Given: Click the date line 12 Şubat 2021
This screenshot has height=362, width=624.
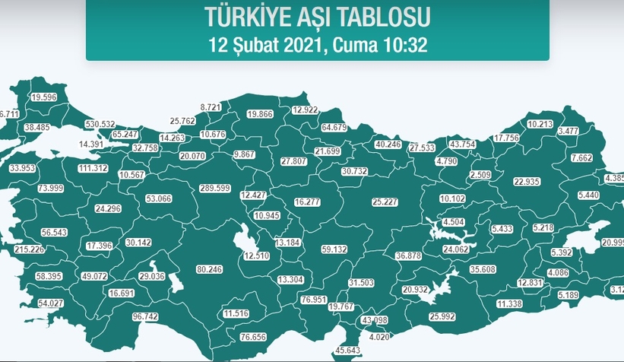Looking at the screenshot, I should point(318,43).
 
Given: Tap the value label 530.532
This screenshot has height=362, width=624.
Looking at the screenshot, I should point(100,123).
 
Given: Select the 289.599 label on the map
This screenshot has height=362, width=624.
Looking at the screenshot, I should point(214,188).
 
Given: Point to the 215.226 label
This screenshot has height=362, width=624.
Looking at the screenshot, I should point(29,249).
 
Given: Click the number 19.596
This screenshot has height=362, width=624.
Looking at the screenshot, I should point(44,97).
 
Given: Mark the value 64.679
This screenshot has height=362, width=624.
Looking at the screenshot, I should point(334,127).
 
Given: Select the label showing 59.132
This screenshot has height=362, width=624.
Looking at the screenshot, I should point(334,249).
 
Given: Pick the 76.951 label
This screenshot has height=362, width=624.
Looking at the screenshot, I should point(314,300).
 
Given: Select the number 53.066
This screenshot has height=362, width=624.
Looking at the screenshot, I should point(159,198).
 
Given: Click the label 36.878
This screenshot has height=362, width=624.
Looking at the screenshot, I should point(409,256).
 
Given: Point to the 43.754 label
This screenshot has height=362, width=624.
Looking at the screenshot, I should point(462,144).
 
